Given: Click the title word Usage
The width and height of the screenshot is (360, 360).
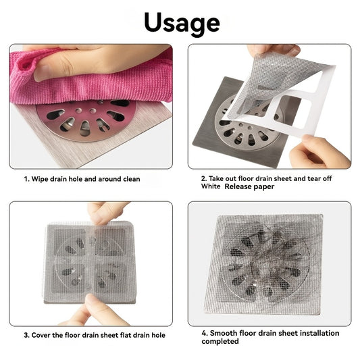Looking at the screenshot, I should point(180,22).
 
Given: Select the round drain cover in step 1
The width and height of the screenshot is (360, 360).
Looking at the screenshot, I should point(86,118).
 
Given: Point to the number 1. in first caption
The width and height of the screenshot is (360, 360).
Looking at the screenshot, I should point(27,179).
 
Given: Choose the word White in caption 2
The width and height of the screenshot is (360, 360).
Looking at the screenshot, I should point(211,187).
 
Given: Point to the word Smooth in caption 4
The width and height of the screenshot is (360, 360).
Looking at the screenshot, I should point(224,333).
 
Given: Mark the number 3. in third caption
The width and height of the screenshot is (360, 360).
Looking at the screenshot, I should point(28,335).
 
